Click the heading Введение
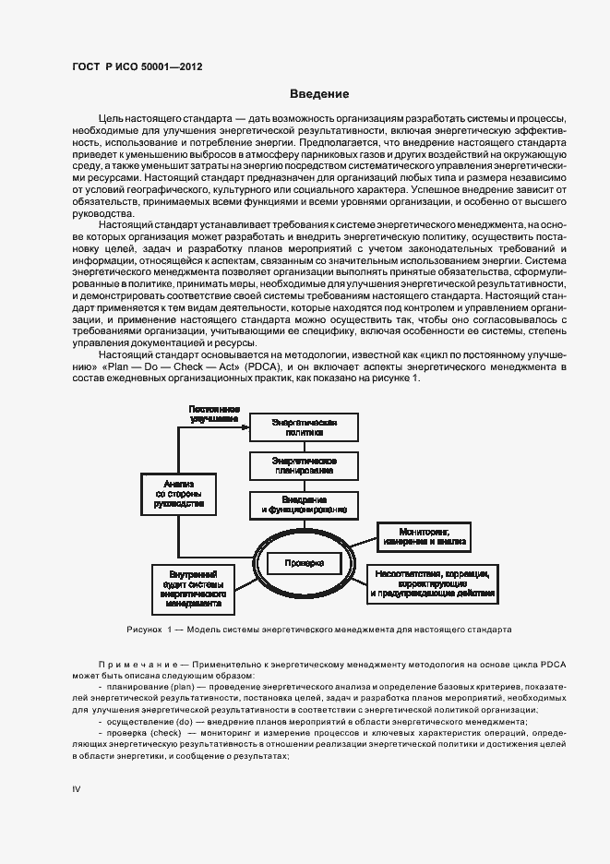coord(319,94)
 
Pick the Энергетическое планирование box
coord(304,464)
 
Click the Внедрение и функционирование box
coord(304,503)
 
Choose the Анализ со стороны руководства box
coord(178,494)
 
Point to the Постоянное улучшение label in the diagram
coord(215,413)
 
